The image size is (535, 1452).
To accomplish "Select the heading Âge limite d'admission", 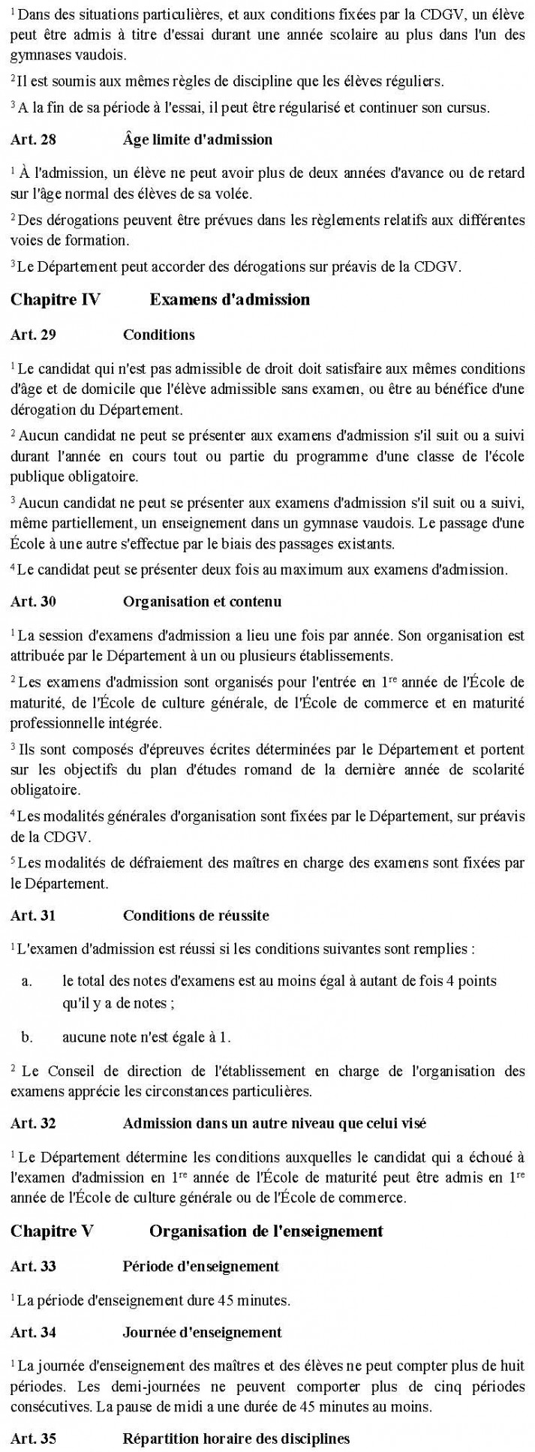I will (x=197, y=140).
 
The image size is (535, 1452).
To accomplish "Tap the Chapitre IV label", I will (x=55, y=299).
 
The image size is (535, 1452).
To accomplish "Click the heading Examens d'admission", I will (x=230, y=299).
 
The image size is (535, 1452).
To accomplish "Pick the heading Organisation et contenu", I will (x=202, y=600).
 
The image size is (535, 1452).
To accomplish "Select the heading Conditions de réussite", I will (x=196, y=915).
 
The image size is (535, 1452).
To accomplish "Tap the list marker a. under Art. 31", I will (x=27, y=981).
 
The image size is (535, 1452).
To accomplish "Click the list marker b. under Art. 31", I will (x=27, y=1037).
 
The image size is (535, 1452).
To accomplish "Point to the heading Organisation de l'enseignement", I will (x=266, y=1231).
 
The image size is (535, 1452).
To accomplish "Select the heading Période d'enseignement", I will (x=200, y=1267).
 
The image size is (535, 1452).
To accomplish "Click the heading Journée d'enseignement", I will (x=202, y=1332).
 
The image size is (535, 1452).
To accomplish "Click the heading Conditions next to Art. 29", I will (x=159, y=335).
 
